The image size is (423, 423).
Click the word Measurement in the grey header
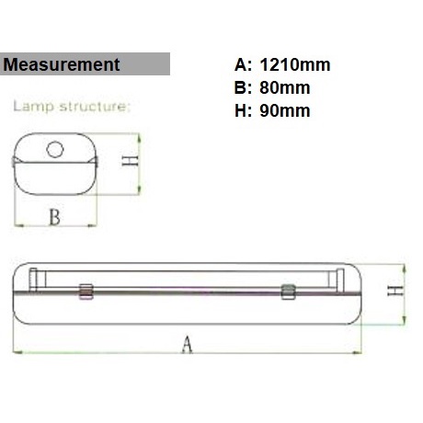[63, 64]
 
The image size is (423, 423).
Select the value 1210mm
[293, 65]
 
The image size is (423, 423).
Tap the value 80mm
[284, 88]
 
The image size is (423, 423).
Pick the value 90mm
[284, 111]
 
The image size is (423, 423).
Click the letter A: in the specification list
[244, 65]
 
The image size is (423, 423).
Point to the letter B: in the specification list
[244, 88]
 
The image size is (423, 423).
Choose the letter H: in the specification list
[244, 111]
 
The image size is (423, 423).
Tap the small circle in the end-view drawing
[57, 148]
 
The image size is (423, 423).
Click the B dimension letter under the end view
[54, 217]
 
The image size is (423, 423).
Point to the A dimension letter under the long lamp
[189, 345]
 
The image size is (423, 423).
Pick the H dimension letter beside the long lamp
[394, 293]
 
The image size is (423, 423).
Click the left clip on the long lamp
[86, 292]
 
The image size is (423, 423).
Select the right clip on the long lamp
[288, 292]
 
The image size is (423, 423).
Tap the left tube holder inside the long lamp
[33, 278]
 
